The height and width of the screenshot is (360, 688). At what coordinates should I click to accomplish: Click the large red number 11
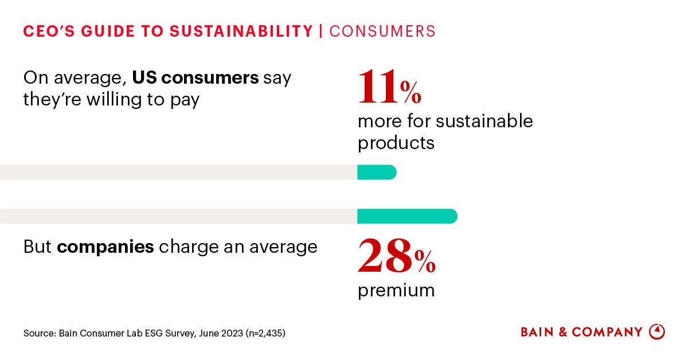[378, 87]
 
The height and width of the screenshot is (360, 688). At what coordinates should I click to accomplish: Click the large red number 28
[385, 256]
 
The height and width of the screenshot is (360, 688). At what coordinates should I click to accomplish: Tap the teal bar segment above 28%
[406, 216]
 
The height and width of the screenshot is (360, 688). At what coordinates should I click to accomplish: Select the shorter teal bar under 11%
[376, 172]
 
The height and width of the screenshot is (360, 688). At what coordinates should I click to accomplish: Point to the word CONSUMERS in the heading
[382, 31]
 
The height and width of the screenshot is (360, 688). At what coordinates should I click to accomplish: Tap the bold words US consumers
[196, 77]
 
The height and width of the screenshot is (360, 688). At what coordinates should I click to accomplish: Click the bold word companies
[105, 246]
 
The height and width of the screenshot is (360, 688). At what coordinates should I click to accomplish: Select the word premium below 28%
[396, 290]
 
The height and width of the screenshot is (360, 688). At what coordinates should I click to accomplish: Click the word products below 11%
[396, 142]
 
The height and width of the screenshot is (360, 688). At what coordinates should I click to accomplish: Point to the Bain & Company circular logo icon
[656, 332]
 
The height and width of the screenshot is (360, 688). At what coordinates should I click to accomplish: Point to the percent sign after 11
[411, 93]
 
